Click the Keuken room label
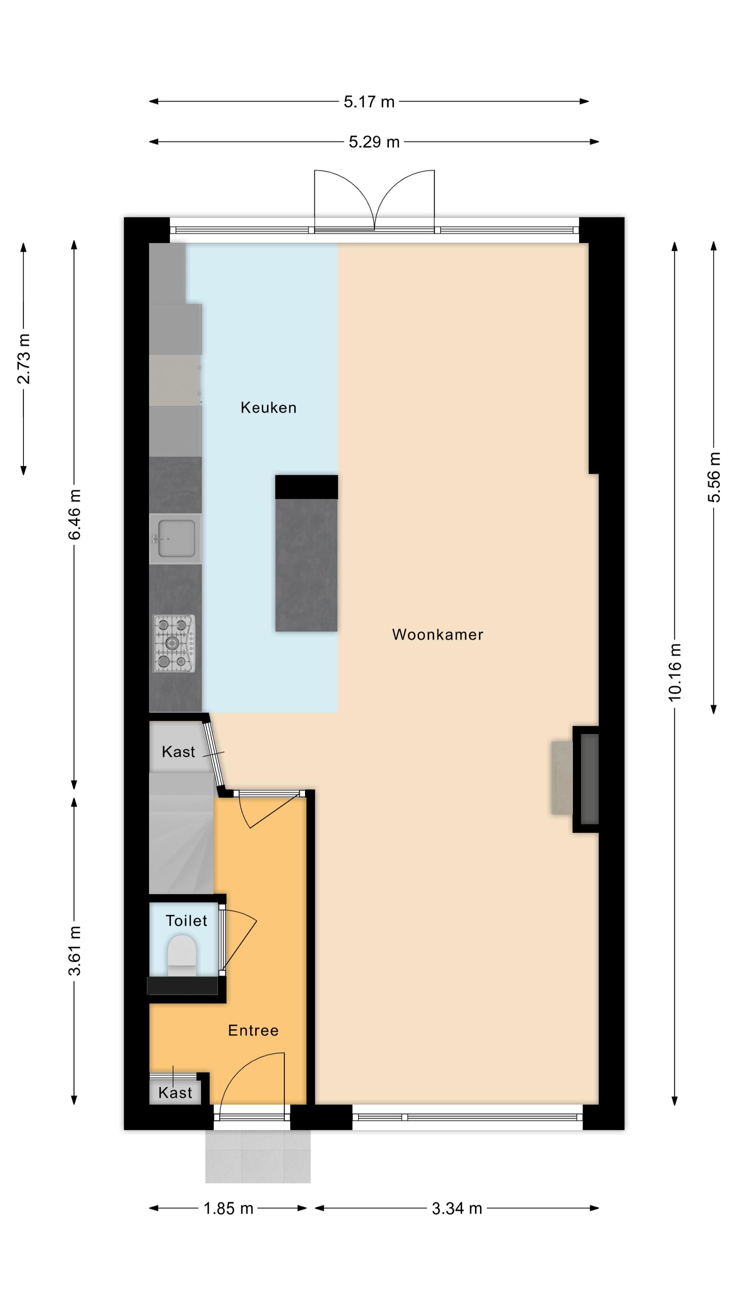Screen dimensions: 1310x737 tap(268, 407)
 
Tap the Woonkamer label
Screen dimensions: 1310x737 tap(437, 634)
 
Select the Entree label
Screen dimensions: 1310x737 tap(253, 1030)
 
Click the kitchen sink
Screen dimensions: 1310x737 tap(175, 538)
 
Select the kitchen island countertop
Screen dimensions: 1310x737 tap(306, 565)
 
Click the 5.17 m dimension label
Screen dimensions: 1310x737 tap(369, 102)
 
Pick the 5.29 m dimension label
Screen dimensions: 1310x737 tap(374, 142)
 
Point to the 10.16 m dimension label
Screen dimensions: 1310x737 tap(675, 672)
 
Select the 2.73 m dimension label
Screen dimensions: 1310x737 tap(24, 359)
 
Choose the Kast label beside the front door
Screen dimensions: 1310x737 tap(175, 1093)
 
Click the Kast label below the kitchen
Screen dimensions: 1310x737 tap(178, 752)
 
